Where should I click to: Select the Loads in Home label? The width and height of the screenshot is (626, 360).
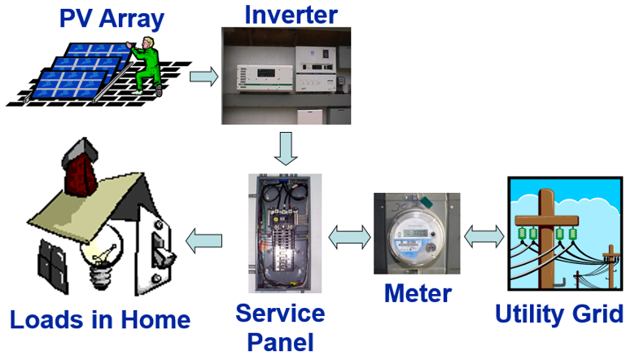point(100,318)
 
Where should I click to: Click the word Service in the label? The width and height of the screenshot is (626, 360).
point(279,313)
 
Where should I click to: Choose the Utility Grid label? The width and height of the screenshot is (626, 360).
point(558,314)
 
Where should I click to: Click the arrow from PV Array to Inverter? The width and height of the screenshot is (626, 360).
point(204,77)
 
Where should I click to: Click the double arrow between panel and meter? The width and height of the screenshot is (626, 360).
point(348,237)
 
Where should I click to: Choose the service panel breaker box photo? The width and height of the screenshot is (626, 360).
point(285,232)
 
